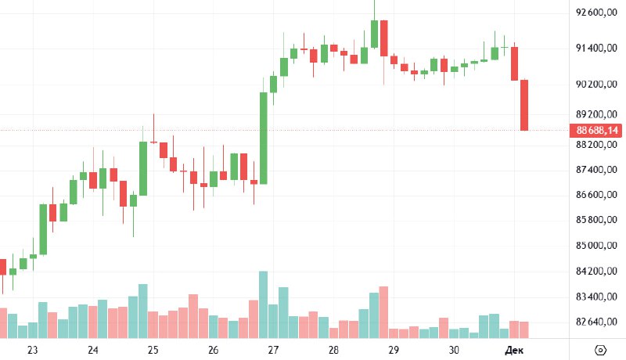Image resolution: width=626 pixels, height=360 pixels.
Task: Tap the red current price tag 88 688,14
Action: (597, 130)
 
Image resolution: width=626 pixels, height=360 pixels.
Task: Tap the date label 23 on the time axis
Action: (32, 350)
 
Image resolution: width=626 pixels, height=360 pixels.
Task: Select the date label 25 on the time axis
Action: (153, 350)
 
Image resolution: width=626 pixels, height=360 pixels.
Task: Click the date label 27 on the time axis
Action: (273, 350)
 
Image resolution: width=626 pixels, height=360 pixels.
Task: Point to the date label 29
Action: (394, 350)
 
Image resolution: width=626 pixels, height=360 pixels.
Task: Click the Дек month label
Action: (513, 350)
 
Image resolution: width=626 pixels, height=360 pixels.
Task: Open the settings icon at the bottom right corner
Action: (600, 350)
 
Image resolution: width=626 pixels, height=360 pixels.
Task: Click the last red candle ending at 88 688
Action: (524, 105)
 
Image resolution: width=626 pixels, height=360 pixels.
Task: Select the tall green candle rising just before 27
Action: (264, 138)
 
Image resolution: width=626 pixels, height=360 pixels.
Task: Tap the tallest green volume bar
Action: (264, 304)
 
